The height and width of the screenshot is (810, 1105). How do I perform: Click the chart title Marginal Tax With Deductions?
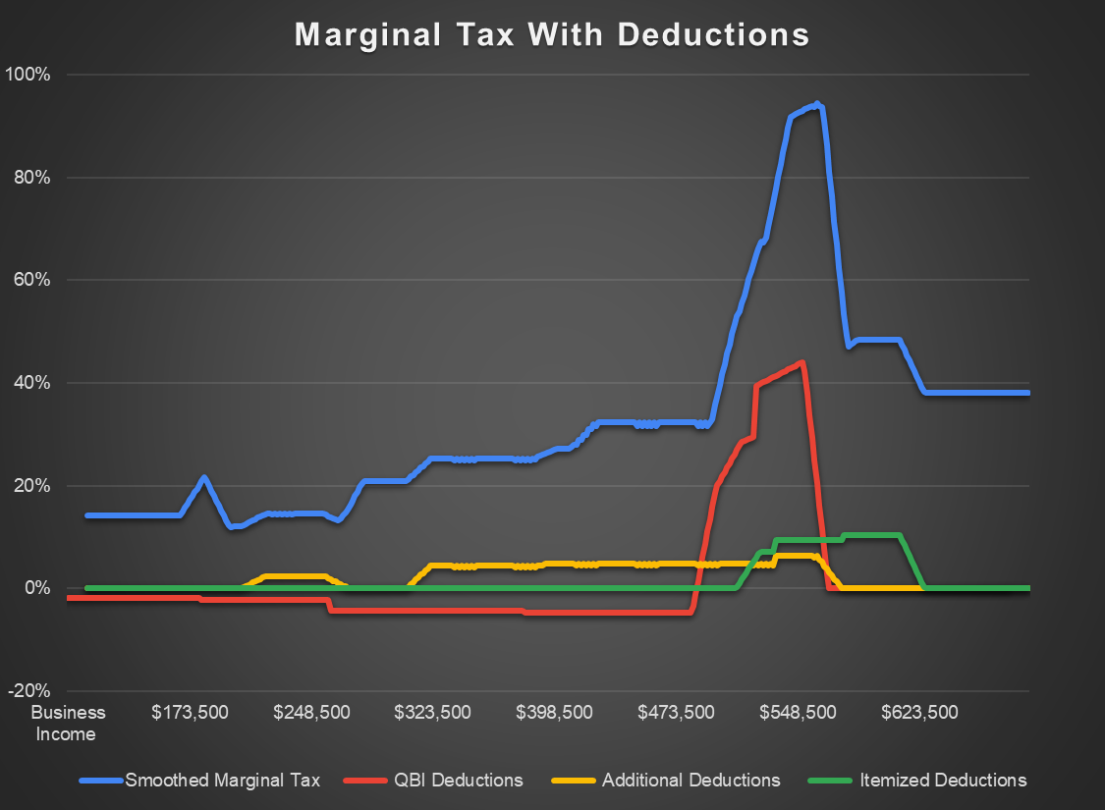[x=552, y=34]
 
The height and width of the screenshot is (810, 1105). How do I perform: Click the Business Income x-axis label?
[x=69, y=723]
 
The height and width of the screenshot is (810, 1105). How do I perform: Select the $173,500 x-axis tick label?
[x=191, y=712]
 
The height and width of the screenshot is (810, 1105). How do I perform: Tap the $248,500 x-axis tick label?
[x=312, y=712]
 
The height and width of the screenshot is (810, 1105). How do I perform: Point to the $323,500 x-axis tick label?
[x=433, y=712]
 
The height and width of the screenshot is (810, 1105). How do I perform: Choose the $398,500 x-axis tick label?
[x=555, y=712]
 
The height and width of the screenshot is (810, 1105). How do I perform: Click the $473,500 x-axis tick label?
[x=677, y=712]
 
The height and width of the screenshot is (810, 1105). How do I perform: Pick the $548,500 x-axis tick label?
[x=798, y=712]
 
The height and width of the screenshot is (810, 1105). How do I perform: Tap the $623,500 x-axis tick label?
[x=919, y=712]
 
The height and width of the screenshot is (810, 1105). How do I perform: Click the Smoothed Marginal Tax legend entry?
[x=222, y=781]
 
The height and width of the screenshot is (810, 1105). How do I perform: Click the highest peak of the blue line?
[x=817, y=104]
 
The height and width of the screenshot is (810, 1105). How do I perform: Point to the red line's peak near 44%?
[x=802, y=362]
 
